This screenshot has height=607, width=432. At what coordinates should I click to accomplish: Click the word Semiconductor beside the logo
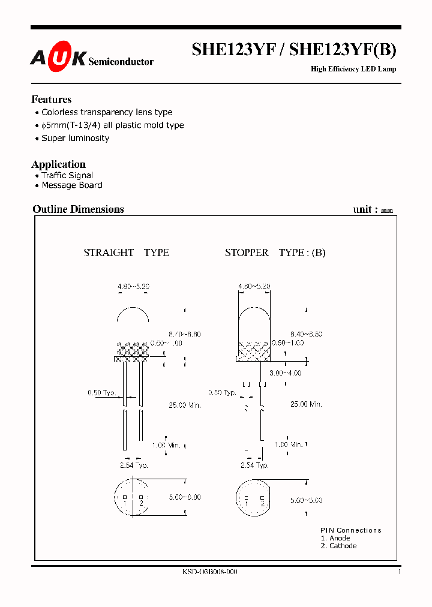pos(121,61)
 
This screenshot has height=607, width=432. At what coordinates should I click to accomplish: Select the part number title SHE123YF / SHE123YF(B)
pos(293,50)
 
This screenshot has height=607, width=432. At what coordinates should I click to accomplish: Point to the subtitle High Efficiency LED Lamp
pos(353,69)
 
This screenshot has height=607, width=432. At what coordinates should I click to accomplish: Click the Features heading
pos(51,100)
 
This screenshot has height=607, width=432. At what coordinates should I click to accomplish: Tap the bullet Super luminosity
pos(75,138)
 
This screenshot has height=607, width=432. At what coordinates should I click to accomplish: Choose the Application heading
pos(58,164)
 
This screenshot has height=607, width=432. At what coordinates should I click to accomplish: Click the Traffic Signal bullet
pos(67,176)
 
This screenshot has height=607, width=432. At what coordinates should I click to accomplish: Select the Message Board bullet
pos(71,185)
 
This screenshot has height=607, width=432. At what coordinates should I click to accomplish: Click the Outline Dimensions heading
pos(78,209)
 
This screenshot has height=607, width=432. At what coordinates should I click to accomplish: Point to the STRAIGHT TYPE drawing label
pos(126,253)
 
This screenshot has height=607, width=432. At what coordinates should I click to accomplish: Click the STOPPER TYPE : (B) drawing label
pos(275,253)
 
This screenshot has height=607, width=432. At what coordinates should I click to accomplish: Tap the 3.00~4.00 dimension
pos(285,373)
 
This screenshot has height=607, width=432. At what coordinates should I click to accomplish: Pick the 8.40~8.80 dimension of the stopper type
pos(306,333)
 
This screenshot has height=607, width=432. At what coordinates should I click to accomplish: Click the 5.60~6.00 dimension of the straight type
pos(185,497)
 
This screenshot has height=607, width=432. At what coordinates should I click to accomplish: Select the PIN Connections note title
pos(350,530)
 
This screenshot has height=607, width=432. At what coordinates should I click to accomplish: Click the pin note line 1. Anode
pos(335,538)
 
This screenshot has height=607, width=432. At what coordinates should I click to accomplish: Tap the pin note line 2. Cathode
pos(338,546)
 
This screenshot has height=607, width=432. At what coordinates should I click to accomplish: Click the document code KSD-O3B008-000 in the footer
pos(209,572)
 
